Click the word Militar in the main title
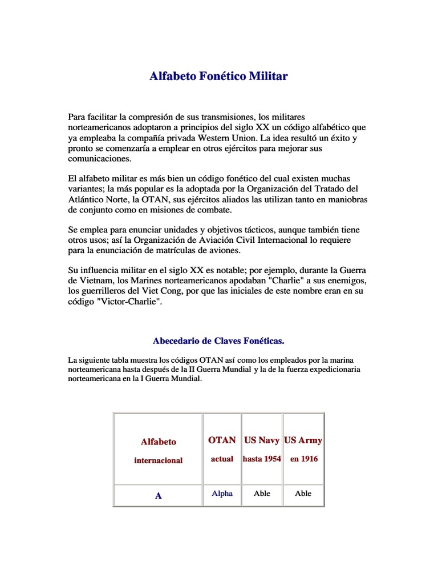[268, 76]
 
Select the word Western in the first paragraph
[223, 138]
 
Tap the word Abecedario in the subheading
[175, 341]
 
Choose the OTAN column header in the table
[222, 440]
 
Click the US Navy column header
[262, 440]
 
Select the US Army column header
[303, 440]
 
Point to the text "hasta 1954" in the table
[262, 459]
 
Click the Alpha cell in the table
[222, 494]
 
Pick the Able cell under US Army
[303, 494]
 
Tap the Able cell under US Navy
[262, 494]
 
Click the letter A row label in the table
[159, 496]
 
